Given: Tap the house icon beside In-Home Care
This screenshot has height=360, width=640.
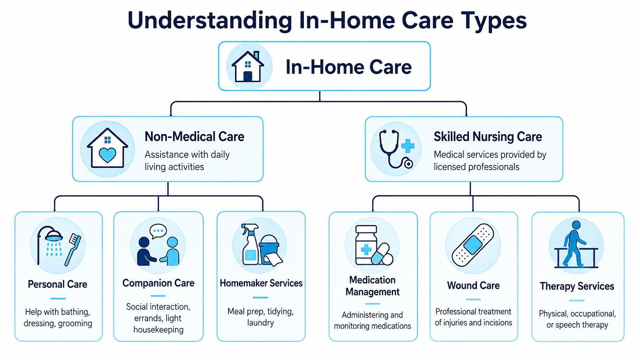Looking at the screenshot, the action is pos(248,67).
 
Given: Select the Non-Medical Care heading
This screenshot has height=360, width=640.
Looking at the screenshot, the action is pos(194,137).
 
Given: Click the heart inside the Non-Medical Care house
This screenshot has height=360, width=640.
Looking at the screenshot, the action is pos(108,155).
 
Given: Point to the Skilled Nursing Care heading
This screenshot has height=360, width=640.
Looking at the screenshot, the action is pos(488,137).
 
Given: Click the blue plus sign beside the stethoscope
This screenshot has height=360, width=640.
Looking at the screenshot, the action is pos(408,146).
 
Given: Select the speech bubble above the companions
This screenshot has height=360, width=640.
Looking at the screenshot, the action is pos(158,231).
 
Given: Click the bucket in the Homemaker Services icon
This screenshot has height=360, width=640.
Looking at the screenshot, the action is pos(269,249).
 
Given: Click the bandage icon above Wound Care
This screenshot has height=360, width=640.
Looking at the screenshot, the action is pos(473,245).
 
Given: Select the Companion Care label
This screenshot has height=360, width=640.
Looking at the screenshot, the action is pos(158,283).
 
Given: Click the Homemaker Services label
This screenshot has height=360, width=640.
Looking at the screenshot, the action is pos(261,283).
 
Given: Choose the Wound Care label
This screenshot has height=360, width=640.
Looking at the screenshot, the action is pos(473,285).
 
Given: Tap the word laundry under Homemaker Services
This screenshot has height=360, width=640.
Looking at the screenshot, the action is pos(261,323).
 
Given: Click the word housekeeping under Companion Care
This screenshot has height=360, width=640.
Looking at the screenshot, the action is pos(158,330).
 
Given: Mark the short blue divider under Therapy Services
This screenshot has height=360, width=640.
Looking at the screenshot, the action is pos(576,300).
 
